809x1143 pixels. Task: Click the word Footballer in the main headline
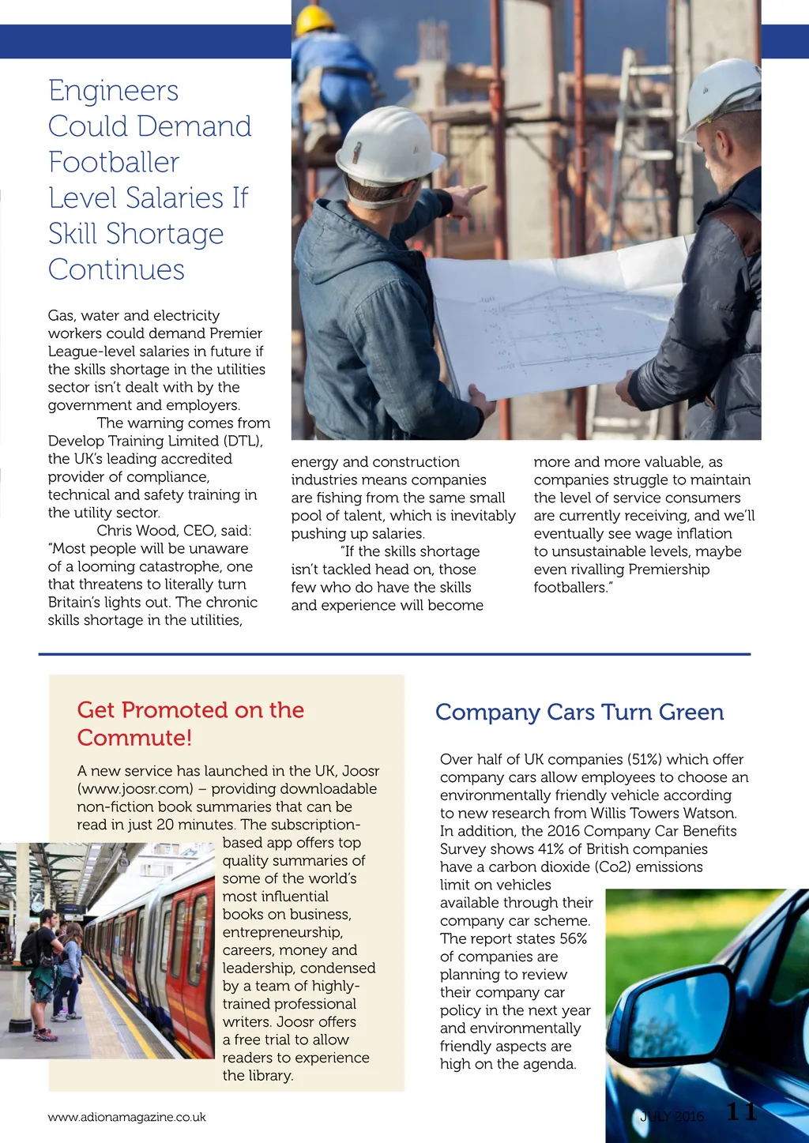[x=114, y=163]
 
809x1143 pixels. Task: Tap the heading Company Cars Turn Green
[x=579, y=712]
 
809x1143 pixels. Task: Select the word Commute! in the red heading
[x=134, y=738]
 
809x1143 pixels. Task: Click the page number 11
[x=741, y=1112]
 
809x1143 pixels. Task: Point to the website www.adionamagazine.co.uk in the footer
[x=126, y=1117]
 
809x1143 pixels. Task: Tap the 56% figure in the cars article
[x=573, y=938]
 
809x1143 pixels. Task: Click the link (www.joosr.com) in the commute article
[x=135, y=789]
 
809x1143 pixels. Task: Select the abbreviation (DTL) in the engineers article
[x=243, y=441]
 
